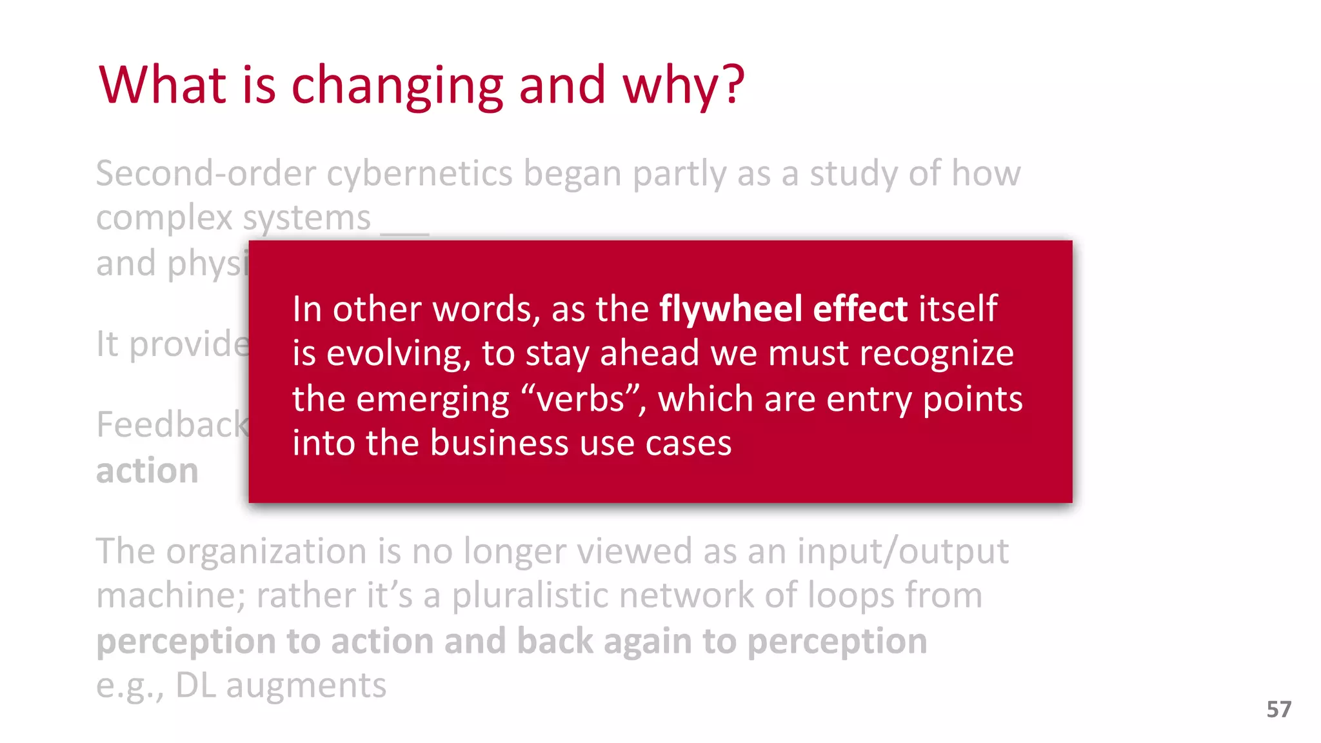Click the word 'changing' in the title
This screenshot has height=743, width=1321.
pyautogui.click(x=397, y=86)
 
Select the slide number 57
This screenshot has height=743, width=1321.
pyautogui.click(x=1278, y=709)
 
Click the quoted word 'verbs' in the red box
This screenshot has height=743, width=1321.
pyautogui.click(x=581, y=399)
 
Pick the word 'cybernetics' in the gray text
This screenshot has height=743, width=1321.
pyautogui.click(x=419, y=174)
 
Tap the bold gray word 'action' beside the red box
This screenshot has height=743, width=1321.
pyautogui.click(x=147, y=471)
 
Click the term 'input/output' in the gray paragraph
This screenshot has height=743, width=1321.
pyautogui.click(x=902, y=552)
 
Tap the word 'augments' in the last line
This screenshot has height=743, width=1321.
pyautogui.click(x=306, y=686)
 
